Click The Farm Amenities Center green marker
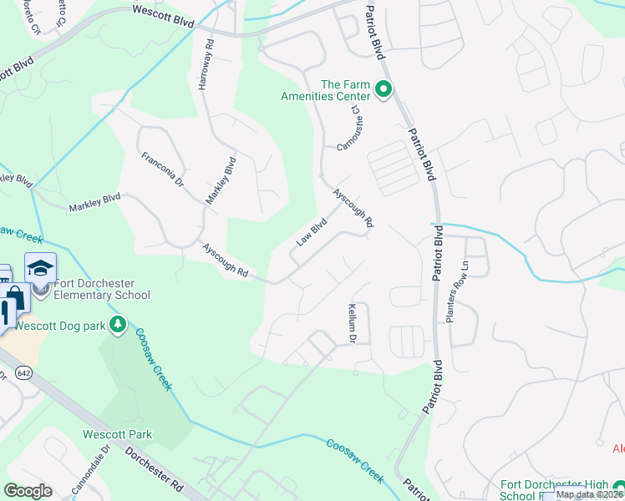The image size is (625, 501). coord(384,89)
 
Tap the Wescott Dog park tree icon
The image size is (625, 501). coord(119,324)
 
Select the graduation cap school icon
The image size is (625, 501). coord(40,268)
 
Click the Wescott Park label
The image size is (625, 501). coord(117,434)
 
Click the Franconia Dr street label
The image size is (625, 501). coord(162,170)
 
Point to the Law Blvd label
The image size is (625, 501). coord(311,233)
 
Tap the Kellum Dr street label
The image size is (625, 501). coord(352,324)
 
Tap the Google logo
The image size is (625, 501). coord(28,491)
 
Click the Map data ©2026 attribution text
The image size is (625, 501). coord(589,494)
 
